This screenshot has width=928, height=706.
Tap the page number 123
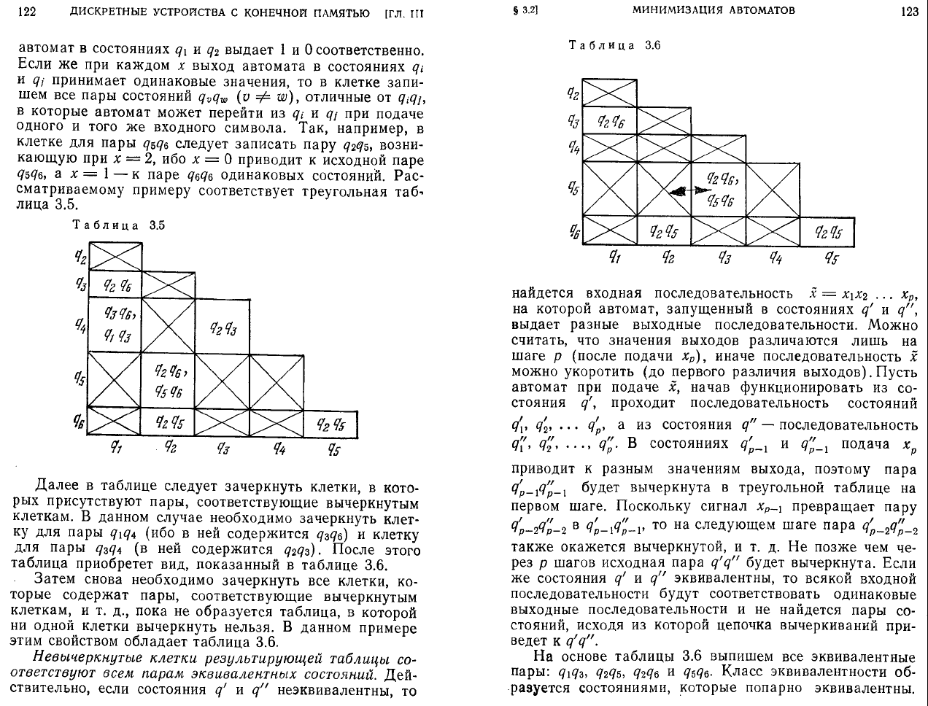(909, 11)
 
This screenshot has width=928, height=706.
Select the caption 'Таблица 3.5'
(118, 225)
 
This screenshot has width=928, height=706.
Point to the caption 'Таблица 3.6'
(614, 45)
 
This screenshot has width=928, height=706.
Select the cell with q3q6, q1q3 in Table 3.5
(115, 324)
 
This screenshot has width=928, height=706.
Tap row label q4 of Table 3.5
(80, 324)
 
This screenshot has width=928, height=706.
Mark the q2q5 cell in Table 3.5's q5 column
(330, 423)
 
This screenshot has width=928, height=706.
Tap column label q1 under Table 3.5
(115, 448)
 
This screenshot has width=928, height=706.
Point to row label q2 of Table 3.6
(573, 93)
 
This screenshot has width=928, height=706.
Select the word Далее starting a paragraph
(57, 486)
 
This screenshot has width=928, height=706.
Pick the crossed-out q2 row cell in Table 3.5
(115, 256)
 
